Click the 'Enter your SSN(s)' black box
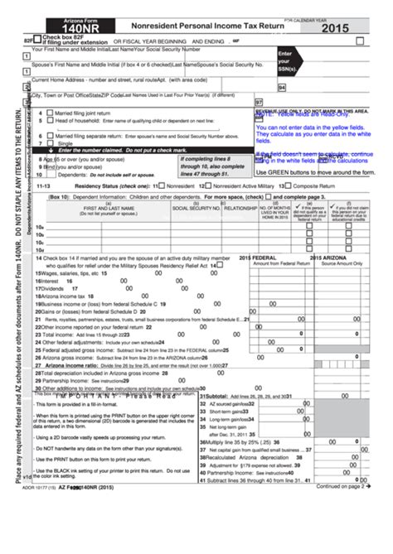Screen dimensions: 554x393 288,60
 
